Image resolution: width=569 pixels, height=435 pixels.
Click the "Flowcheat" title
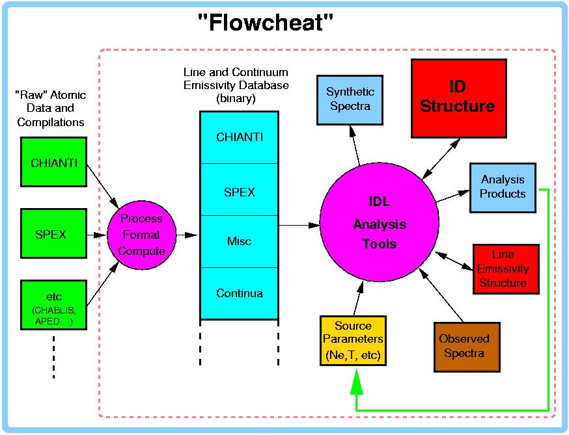(x=266, y=23)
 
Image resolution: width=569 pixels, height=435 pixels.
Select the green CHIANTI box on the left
(x=54, y=163)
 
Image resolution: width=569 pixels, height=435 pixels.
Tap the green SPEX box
(x=54, y=234)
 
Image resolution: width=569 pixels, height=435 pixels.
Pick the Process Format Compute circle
(x=141, y=234)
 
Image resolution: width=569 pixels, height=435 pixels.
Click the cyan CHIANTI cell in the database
(x=239, y=137)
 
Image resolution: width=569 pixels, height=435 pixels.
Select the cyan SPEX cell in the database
(x=239, y=192)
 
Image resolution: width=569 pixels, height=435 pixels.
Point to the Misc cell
(x=239, y=241)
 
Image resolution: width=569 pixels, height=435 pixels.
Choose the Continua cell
(x=239, y=293)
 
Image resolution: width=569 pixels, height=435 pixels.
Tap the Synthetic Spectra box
(x=349, y=99)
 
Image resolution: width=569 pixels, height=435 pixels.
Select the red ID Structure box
(x=458, y=98)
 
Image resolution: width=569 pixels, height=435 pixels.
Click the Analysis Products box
(x=503, y=187)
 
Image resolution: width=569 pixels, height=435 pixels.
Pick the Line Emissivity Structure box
(x=506, y=269)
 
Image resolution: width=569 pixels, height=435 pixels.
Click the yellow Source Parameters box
(x=353, y=340)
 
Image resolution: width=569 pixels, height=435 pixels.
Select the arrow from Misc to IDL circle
(x=299, y=225)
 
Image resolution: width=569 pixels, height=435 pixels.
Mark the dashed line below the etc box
(x=54, y=358)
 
